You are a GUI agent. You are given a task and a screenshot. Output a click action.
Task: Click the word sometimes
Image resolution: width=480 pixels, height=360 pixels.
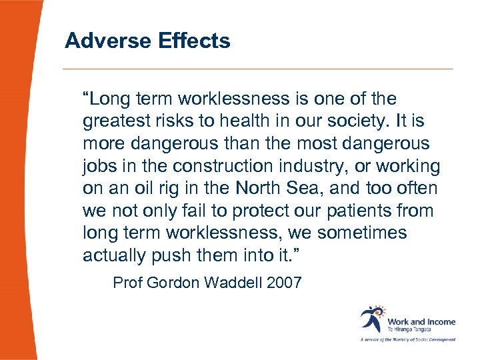362,233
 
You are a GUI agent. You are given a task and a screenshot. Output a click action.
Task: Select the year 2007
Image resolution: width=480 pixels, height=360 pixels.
284,282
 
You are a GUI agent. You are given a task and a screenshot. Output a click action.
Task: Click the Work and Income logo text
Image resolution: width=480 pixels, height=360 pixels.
421,322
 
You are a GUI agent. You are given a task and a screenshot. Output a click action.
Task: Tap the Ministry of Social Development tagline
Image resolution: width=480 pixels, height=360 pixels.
408,339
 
